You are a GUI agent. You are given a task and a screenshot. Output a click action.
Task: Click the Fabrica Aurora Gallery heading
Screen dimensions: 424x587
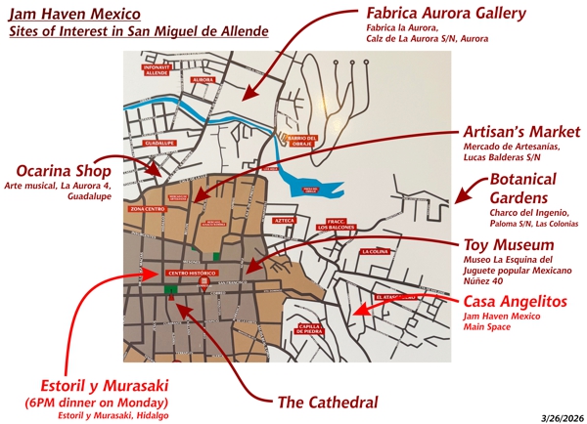(x=446, y=14)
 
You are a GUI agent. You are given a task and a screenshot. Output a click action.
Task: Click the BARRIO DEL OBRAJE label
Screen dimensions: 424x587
(x=304, y=140)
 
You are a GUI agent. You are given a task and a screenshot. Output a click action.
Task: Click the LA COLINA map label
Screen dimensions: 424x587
(x=374, y=251)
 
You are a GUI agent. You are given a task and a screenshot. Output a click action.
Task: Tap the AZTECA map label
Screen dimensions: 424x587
(x=285, y=221)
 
